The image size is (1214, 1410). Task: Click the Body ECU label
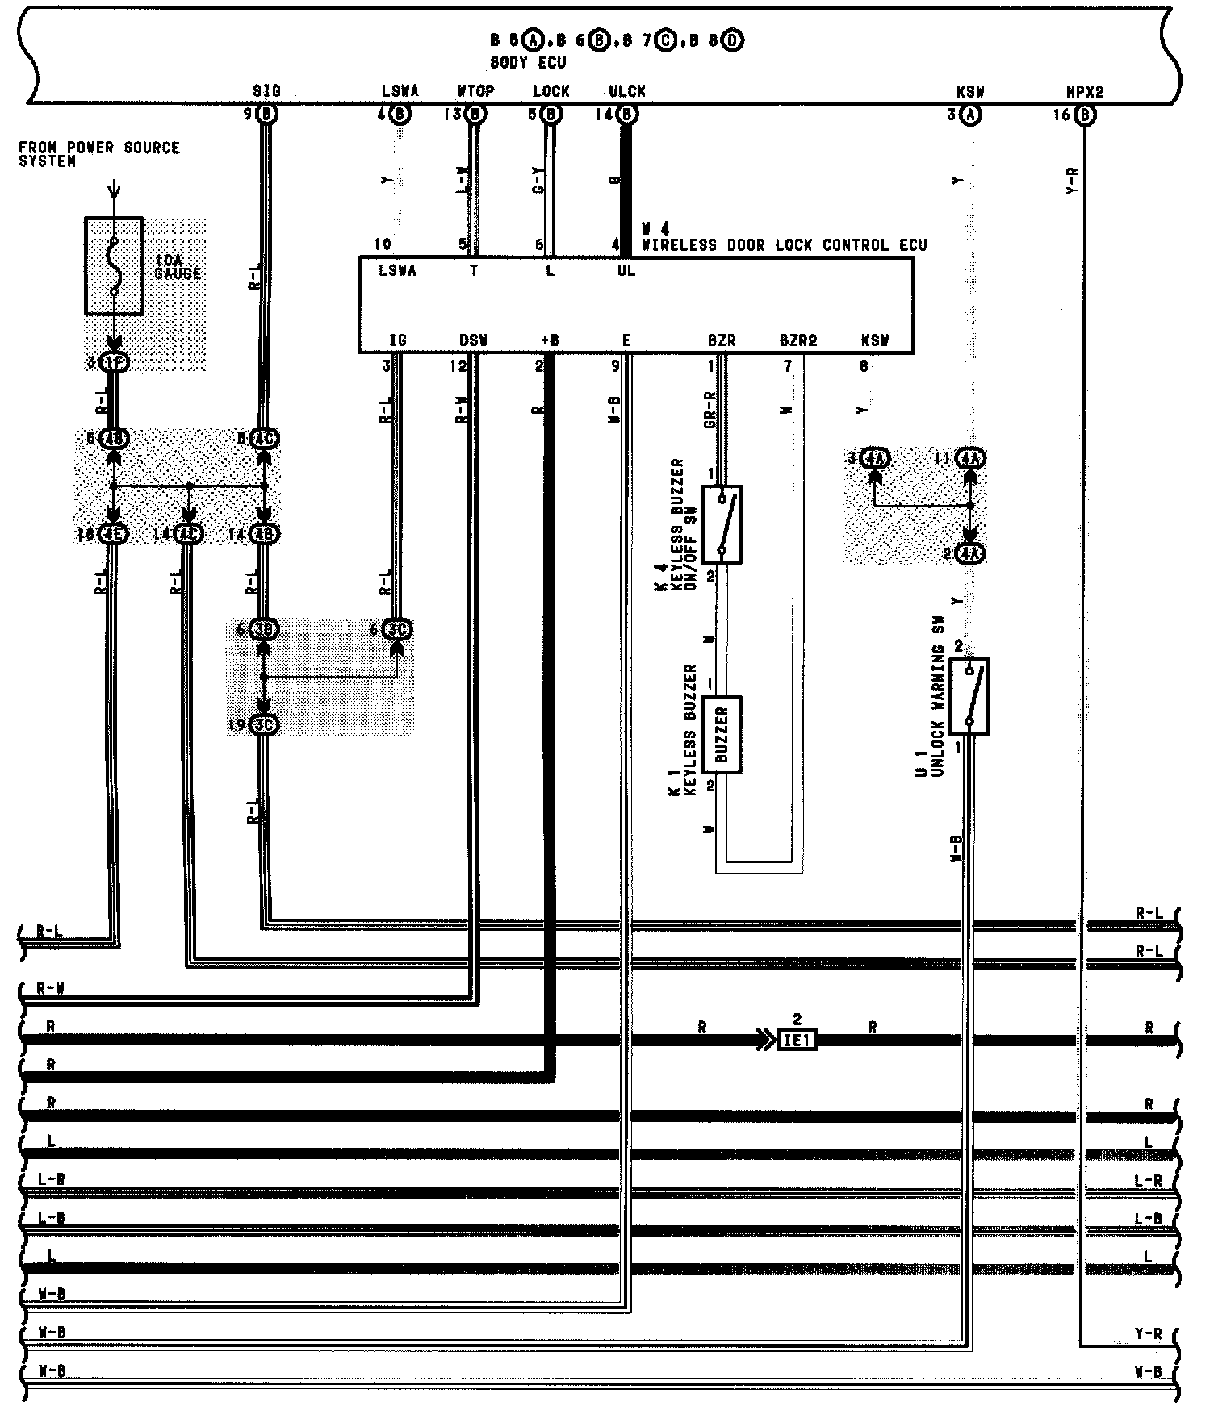click(x=528, y=62)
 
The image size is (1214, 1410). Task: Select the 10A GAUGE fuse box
click(x=115, y=265)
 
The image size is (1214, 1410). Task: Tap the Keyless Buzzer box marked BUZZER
click(x=722, y=734)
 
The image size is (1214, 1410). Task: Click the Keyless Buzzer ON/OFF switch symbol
click(x=722, y=524)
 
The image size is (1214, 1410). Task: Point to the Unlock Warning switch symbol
click(x=969, y=696)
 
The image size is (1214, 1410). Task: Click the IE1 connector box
click(x=797, y=1041)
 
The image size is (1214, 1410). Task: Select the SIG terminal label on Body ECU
click(x=266, y=91)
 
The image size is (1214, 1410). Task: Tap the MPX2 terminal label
click(x=1084, y=92)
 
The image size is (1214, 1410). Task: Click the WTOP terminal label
click(x=475, y=91)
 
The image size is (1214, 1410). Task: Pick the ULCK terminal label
click(x=627, y=91)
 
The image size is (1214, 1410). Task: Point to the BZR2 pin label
click(x=797, y=340)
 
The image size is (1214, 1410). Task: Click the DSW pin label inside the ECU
click(x=474, y=340)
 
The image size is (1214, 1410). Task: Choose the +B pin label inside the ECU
click(x=550, y=340)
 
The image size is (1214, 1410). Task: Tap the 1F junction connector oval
click(x=115, y=363)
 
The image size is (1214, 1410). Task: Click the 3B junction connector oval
click(x=264, y=629)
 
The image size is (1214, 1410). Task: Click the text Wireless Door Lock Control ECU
click(x=784, y=245)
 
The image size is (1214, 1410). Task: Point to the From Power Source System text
click(x=98, y=154)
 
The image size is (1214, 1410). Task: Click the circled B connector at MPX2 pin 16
click(x=1086, y=115)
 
